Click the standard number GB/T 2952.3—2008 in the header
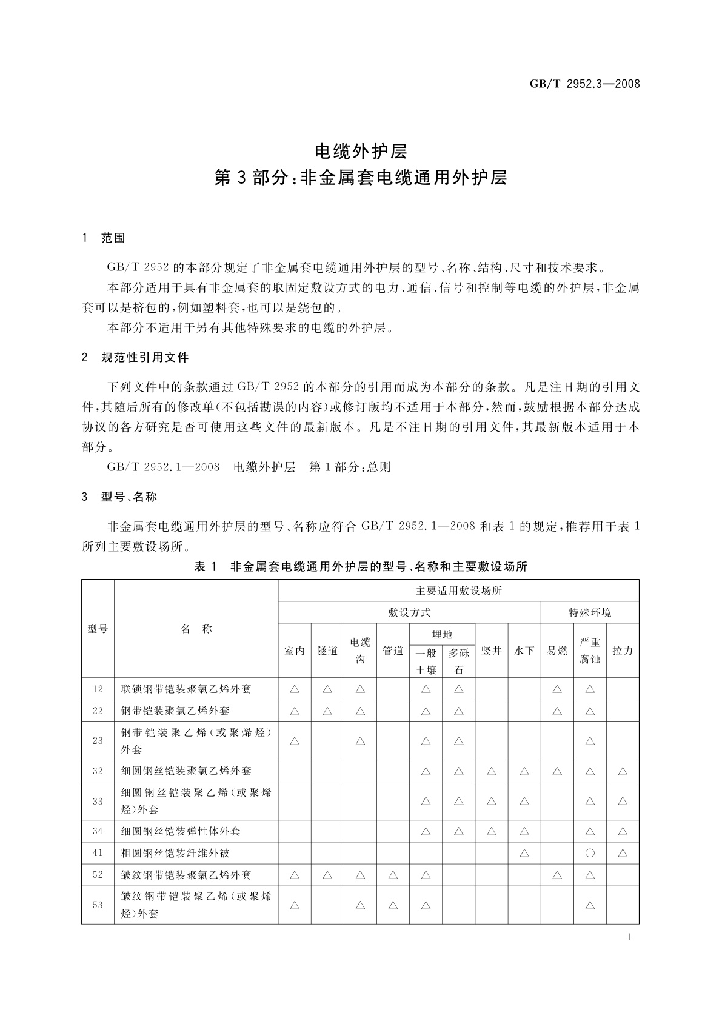click(x=584, y=84)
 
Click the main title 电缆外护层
click(x=361, y=151)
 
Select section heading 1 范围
click(x=104, y=238)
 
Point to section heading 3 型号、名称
click(x=119, y=497)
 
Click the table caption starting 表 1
click(x=360, y=567)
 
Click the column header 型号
click(x=98, y=629)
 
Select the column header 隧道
click(x=327, y=651)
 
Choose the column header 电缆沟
click(x=360, y=651)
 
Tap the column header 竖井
click(x=491, y=651)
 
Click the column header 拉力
click(x=623, y=651)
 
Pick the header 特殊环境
click(x=589, y=612)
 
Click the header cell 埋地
click(x=442, y=634)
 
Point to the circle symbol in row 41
click(x=590, y=853)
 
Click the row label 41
click(x=98, y=853)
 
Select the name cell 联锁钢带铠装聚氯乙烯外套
click(x=186, y=689)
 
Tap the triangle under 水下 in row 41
click(x=524, y=853)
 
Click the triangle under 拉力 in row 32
click(x=623, y=771)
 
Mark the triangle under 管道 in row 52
click(x=393, y=875)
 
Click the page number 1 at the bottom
click(x=629, y=937)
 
